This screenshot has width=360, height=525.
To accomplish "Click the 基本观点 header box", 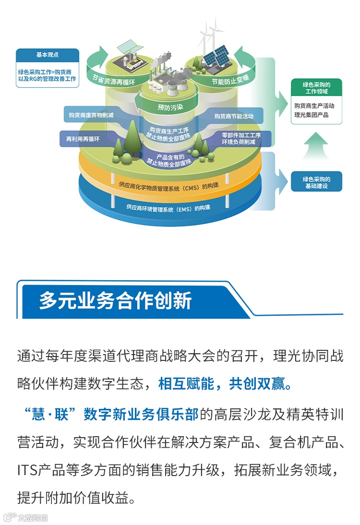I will click(47, 55).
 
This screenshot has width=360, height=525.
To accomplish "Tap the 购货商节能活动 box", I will click(234, 116).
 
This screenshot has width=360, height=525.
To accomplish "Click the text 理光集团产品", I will click(312, 115).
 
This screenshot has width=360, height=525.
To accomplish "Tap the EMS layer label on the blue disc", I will click(168, 207).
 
